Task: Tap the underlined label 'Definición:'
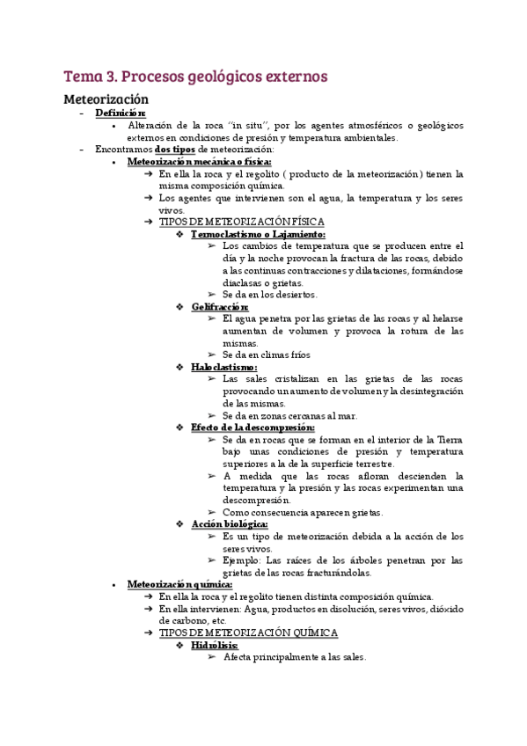(121, 113)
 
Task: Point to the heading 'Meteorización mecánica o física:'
(199, 162)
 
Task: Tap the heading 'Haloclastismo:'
(224, 366)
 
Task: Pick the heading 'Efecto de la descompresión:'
(253, 427)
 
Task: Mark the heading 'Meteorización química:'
(179, 583)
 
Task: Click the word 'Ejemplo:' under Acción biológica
(243, 559)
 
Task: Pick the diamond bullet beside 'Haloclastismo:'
(179, 366)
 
